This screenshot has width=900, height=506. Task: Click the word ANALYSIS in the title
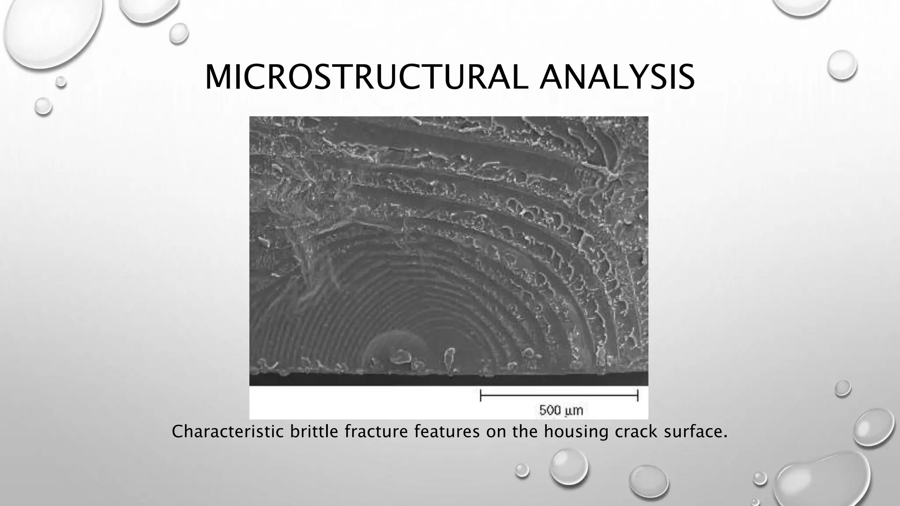point(617,78)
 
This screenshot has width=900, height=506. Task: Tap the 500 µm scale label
point(561,411)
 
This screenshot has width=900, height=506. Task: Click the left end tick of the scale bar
point(481,396)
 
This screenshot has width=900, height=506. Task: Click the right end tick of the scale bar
point(638,396)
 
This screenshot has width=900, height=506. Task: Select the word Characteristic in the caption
point(228,432)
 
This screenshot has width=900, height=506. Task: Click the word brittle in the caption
point(314,432)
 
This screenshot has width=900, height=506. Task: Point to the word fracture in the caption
point(376,432)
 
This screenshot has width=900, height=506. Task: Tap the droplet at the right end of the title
point(842,65)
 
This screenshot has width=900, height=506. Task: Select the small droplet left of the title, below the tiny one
point(43,106)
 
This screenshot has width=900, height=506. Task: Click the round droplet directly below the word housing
point(568,466)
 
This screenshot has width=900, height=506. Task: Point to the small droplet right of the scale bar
point(842,388)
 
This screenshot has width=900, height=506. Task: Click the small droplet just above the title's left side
point(178,33)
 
